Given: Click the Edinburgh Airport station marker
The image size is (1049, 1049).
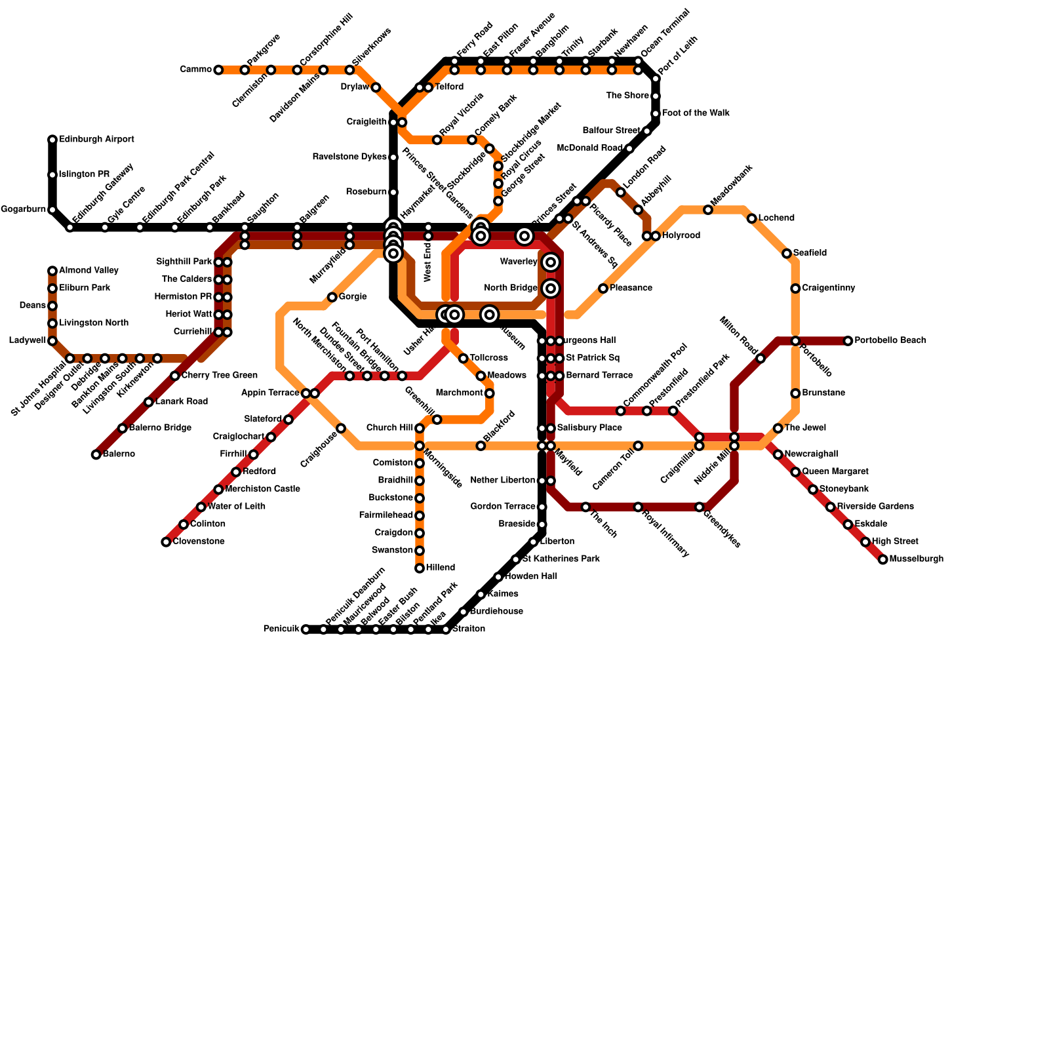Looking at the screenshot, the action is (52, 140).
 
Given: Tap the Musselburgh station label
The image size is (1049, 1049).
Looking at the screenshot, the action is (916, 559).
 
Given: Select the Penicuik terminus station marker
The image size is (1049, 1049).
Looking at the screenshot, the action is (306, 629).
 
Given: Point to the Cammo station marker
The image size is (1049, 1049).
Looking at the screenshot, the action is (218, 70).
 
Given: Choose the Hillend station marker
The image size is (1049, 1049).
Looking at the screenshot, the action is (420, 568).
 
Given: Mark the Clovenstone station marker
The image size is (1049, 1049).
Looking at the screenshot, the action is (166, 542).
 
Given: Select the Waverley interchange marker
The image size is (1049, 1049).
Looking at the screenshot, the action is (551, 262).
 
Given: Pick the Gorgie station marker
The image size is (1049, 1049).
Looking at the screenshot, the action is (332, 297).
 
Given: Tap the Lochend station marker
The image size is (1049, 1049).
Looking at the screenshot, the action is (752, 218).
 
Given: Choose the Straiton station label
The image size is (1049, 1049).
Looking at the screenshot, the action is (469, 629).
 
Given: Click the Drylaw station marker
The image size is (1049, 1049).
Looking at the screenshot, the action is (376, 87).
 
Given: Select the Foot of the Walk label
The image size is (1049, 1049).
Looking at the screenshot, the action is (695, 113).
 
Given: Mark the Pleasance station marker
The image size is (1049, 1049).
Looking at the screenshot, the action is (603, 288).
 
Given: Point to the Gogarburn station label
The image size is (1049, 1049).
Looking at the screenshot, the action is (23, 210).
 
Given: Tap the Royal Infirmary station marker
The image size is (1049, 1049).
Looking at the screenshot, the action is (638, 507).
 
